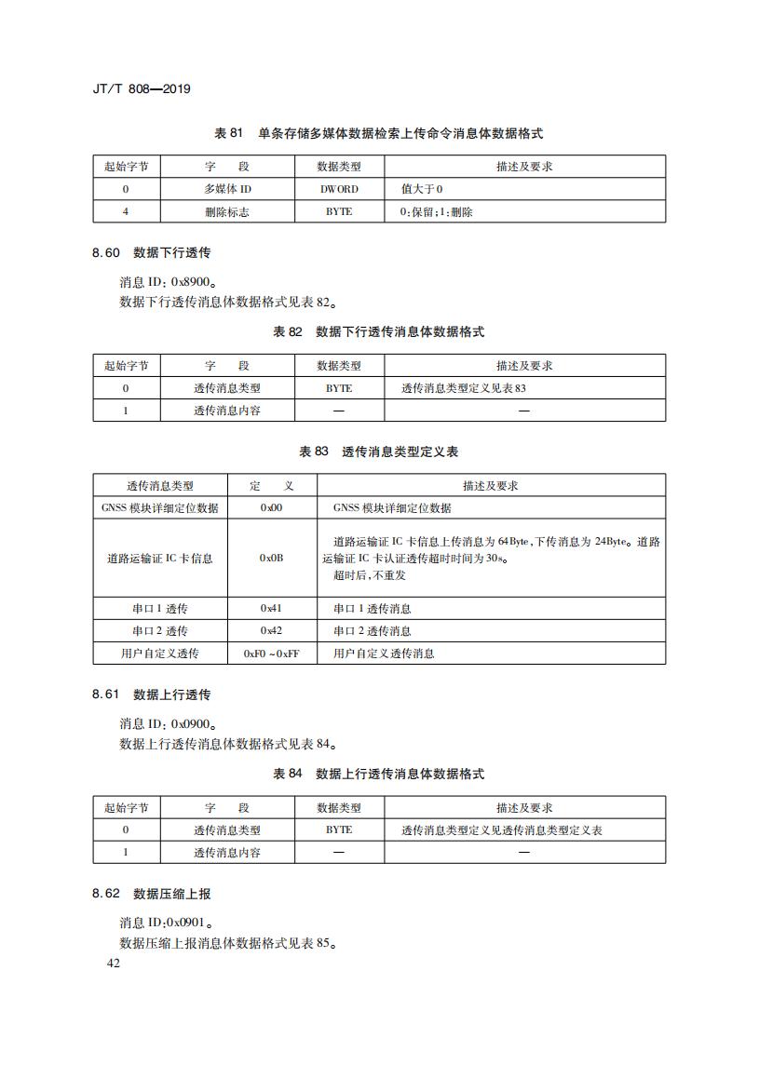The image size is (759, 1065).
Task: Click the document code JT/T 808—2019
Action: (142, 89)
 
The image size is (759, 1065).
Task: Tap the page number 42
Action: (114, 964)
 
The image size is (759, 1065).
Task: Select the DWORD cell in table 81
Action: (339, 189)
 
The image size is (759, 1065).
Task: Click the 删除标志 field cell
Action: (226, 211)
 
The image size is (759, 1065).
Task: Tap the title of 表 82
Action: (378, 332)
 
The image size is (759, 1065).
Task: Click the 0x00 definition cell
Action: (272, 508)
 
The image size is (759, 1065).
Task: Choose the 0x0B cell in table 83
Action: (272, 558)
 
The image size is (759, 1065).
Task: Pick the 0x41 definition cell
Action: (272, 609)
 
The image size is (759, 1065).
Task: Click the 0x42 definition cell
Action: (272, 631)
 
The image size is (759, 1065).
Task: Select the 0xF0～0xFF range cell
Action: (272, 654)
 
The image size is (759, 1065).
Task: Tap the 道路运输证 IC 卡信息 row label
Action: (159, 558)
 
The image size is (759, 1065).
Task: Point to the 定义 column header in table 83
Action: (272, 486)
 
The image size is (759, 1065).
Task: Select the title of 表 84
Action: (378, 775)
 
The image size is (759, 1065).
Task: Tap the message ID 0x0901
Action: (186, 923)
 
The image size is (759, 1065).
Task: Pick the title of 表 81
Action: (378, 134)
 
